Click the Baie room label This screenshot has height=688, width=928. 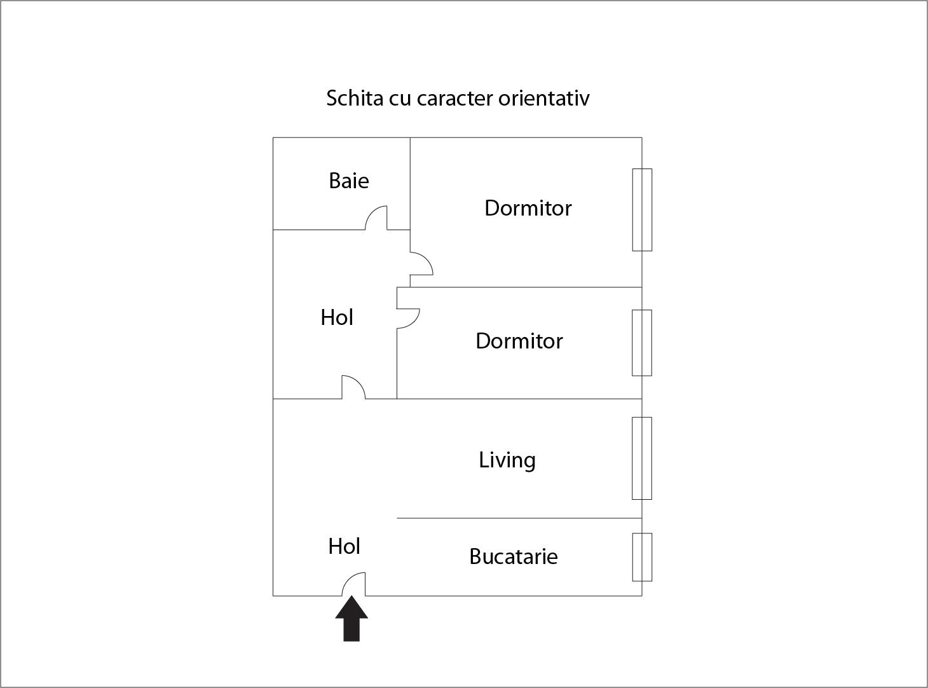tap(348, 181)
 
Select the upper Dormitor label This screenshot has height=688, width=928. tap(528, 208)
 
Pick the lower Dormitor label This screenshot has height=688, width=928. tap(519, 341)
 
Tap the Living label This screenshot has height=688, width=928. tap(507, 460)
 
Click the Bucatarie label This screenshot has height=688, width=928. tap(513, 556)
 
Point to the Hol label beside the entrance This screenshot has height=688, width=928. tap(344, 546)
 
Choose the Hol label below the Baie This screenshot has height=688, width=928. tap(336, 317)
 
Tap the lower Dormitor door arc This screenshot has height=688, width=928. tap(409, 318)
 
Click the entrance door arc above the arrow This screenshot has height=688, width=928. tap(353, 584)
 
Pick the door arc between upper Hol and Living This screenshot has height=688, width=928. tap(354, 387)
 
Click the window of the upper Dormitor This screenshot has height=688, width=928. tap(642, 210)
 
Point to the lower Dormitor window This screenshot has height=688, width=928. tap(642, 343)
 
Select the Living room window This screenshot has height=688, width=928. tap(642, 458)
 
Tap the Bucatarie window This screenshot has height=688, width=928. tap(642, 557)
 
